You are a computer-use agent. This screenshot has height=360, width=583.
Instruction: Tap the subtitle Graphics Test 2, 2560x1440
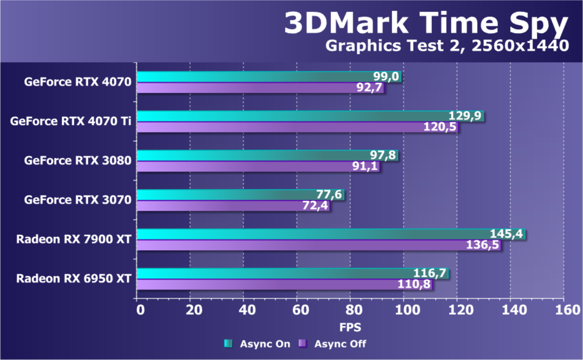point(446,46)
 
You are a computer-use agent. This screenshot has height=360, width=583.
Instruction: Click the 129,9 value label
point(467,116)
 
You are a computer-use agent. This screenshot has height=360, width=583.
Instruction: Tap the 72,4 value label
point(316,206)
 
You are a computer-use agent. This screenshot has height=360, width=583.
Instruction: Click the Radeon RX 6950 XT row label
point(74,279)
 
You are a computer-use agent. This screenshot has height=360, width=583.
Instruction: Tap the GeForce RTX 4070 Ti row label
point(70,121)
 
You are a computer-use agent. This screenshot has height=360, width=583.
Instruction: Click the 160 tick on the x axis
point(564,310)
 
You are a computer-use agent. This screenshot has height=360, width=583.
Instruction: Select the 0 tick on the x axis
point(139,310)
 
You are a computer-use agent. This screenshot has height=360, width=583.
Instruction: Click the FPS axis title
point(350,326)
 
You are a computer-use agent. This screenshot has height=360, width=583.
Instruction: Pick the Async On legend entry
point(257,344)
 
